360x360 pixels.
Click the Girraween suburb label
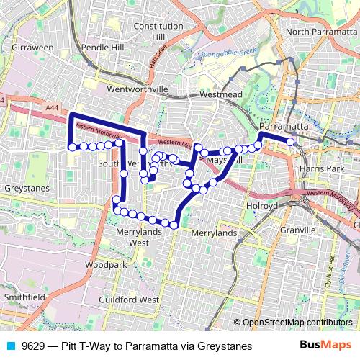(x=32, y=47)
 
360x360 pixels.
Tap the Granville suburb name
(x=299, y=230)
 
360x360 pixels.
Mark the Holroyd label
(x=263, y=205)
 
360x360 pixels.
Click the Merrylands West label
(x=133, y=238)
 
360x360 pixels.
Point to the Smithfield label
(x=24, y=296)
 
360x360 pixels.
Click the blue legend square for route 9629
(x=9, y=346)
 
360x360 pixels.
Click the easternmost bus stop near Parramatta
(x=290, y=142)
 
